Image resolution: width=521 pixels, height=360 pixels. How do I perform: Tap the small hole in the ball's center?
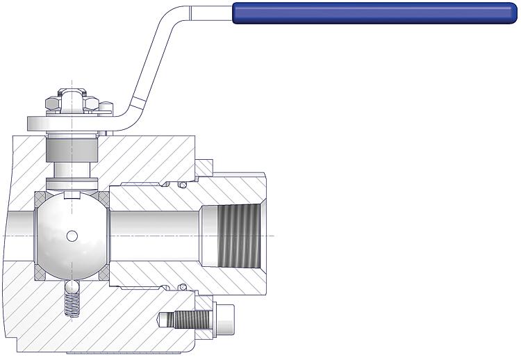tap(72, 236)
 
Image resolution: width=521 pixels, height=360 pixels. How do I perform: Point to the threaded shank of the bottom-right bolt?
tap(188, 320)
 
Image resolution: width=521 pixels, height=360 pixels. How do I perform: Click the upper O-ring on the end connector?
tap(182, 185)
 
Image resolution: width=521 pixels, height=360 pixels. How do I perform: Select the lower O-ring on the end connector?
tap(182, 286)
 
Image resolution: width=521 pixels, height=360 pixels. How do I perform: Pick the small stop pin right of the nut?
tap(106, 107)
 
